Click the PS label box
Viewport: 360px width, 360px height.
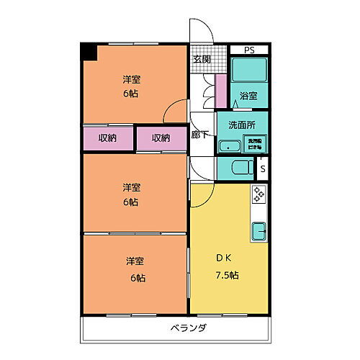click(248, 50)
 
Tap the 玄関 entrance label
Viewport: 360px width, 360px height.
click(202, 60)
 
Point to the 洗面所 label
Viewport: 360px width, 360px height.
click(242, 124)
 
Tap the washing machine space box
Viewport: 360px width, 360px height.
click(255, 143)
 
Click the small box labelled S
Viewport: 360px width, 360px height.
click(263, 169)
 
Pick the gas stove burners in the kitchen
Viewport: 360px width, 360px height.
click(258, 194)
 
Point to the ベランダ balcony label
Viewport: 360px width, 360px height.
click(190, 328)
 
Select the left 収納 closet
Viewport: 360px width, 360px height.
click(108, 138)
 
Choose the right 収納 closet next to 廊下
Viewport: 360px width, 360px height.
click(161, 138)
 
